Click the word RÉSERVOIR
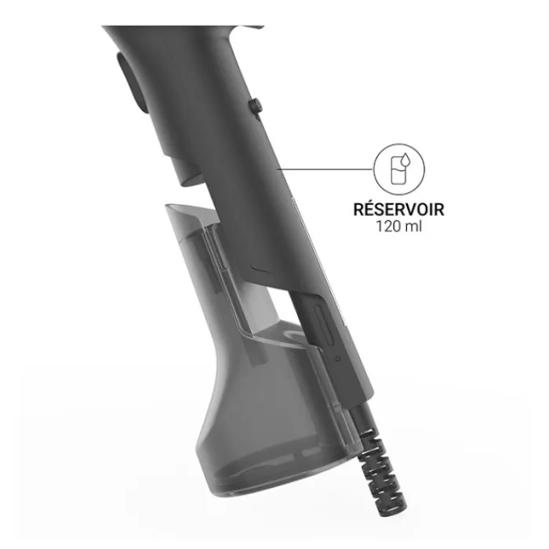coord(398,209)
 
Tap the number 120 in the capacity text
coord(387,226)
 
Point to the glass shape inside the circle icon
coord(397,170)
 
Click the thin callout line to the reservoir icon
coord(325,169)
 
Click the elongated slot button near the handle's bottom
coord(324,325)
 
